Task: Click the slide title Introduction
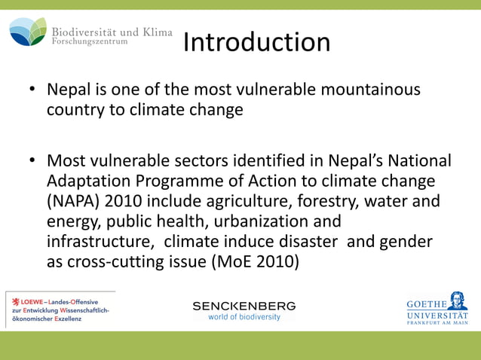(256, 42)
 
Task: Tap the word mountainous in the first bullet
(371, 90)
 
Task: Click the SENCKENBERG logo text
(244, 306)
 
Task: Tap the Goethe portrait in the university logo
(456, 301)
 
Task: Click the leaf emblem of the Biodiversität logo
(27, 32)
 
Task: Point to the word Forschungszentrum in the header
(89, 42)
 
